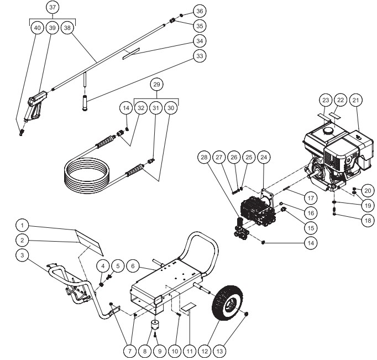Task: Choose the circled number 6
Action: point(132,265)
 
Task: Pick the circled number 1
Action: point(22,226)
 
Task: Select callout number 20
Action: point(368,190)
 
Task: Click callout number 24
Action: point(264,158)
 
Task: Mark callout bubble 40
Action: point(38,28)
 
